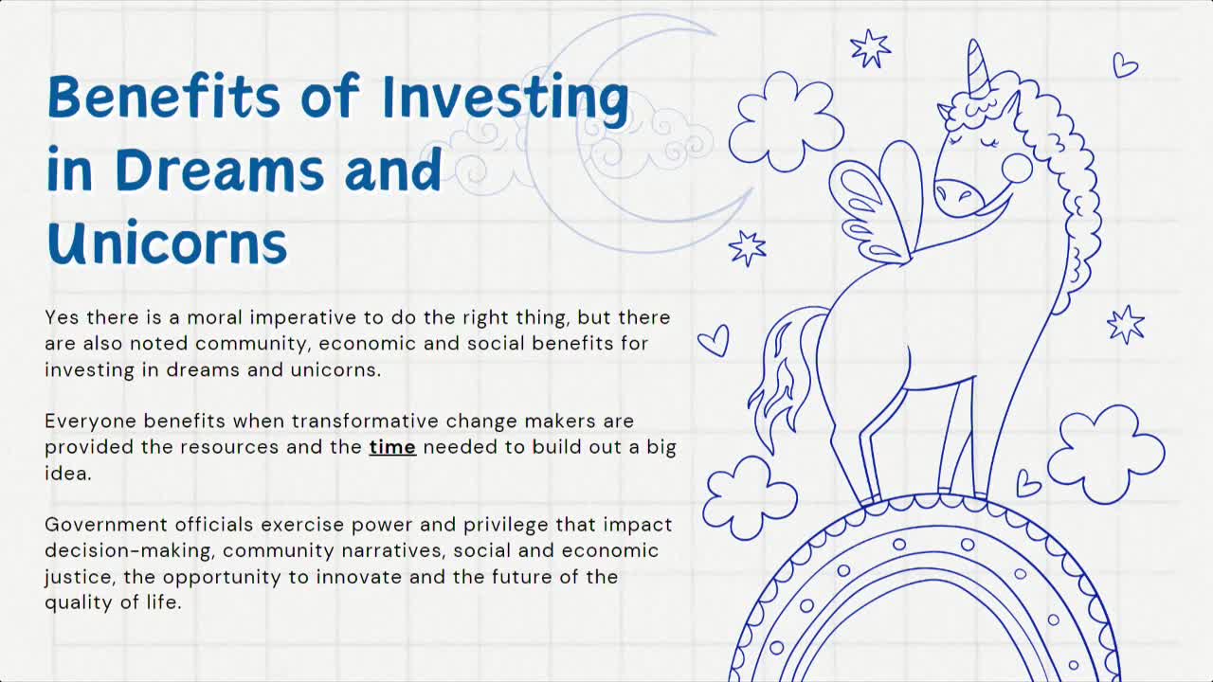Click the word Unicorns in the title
(167, 242)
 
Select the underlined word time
(392, 447)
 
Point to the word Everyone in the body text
(89, 421)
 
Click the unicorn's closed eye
(989, 144)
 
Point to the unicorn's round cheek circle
(1017, 169)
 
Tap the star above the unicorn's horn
(869, 48)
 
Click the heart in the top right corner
(1125, 64)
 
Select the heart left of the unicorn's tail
(715, 340)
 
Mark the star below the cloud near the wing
(747, 247)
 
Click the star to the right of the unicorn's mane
(1126, 325)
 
